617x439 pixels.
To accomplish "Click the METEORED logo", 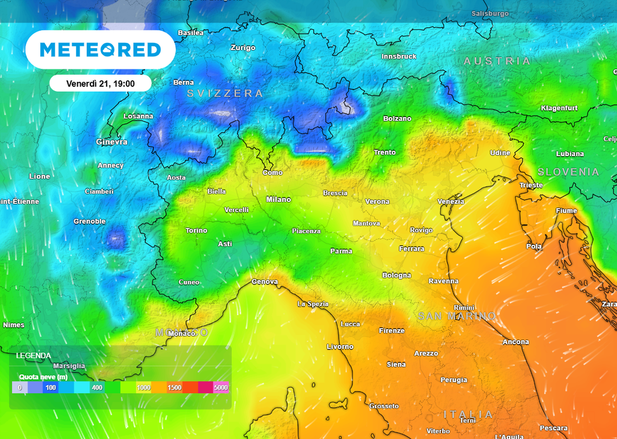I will tap(100, 49).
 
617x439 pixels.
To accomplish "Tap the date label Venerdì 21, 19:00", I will tap(100, 83).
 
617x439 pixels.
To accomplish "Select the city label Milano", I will tap(278, 199).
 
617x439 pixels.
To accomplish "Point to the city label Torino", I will tap(196, 230).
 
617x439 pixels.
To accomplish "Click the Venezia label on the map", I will tap(451, 201).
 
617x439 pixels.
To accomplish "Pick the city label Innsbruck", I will tap(399, 56).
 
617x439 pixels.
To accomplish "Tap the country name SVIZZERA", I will tap(225, 93).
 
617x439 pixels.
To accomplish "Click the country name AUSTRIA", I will tap(497, 61).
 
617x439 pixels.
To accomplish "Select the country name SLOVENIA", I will tap(568, 172).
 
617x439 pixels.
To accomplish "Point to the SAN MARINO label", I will tap(457, 316).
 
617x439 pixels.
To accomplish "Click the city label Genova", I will tap(265, 282).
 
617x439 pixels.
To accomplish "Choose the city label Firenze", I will tap(392, 330).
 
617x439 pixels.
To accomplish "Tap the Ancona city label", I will tap(516, 342).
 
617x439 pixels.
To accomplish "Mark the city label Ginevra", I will tap(111, 142).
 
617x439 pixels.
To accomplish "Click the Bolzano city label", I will tap(398, 118).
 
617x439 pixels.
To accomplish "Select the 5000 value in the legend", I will tap(221, 388).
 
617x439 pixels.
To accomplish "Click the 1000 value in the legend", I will tap(143, 388).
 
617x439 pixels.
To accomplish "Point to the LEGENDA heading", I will tap(34, 356).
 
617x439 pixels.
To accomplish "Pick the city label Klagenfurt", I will tap(559, 108).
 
